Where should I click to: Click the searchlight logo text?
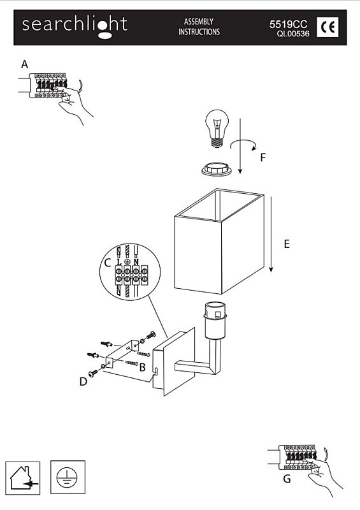point(75,26)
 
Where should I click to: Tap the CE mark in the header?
point(328,27)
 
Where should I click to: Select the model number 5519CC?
point(288,24)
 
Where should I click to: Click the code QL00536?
point(293,34)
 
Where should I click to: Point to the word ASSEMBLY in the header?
point(199,22)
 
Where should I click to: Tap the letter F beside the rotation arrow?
point(263,157)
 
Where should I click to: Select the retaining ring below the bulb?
point(217,169)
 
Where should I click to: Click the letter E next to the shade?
point(287,244)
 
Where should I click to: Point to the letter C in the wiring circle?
point(108,263)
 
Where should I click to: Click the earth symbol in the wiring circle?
point(127,261)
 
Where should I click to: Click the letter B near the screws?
point(142,367)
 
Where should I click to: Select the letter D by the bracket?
point(83,381)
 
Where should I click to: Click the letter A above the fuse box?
point(24,64)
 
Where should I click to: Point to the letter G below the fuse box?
point(287,479)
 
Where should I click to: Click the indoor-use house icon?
point(23,477)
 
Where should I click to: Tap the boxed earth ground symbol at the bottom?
point(68,477)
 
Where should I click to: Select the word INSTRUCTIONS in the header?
point(199,32)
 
